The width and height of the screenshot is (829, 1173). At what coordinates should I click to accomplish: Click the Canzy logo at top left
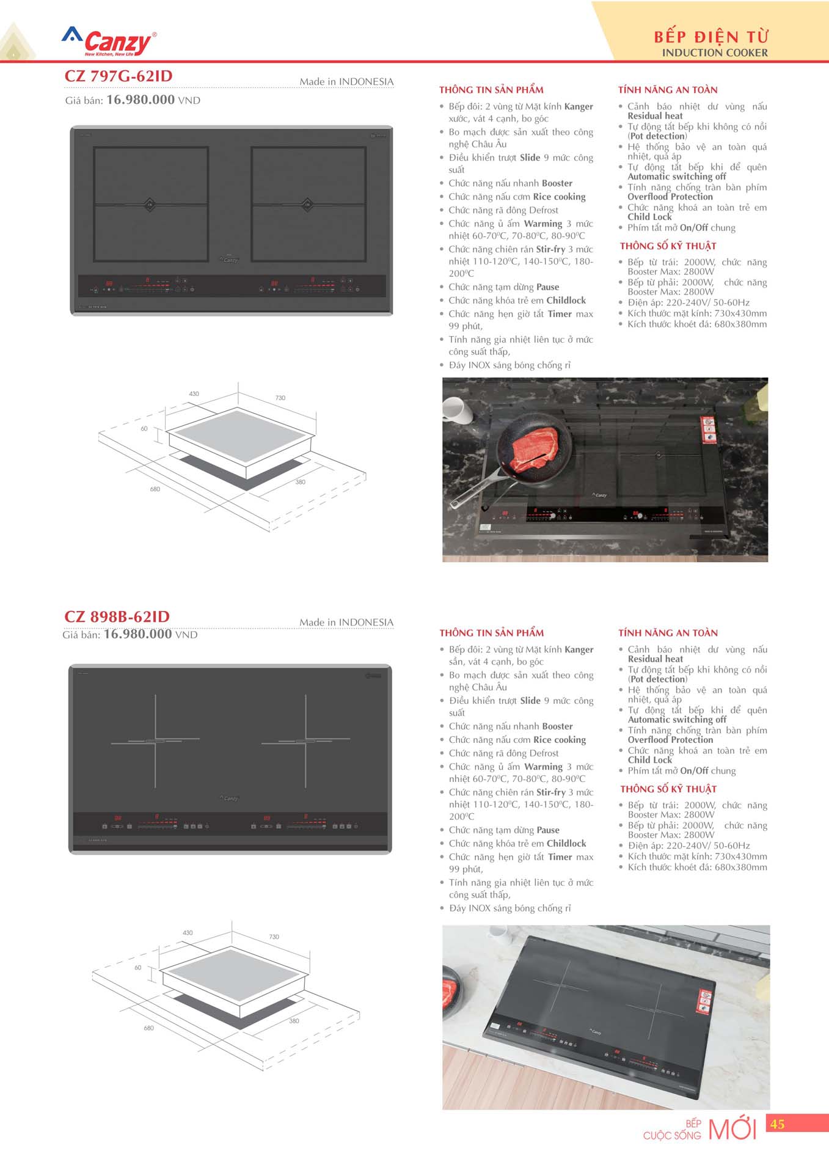click(x=109, y=42)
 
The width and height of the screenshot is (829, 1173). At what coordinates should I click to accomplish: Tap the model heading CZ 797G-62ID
click(x=119, y=76)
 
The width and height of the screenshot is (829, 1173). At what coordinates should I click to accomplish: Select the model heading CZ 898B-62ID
click(x=117, y=617)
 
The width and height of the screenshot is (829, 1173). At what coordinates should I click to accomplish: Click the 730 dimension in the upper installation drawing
click(x=280, y=398)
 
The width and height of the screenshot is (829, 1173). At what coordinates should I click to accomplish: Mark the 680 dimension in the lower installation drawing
click(x=148, y=1028)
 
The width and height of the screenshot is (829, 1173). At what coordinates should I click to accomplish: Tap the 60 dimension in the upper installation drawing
click(x=144, y=429)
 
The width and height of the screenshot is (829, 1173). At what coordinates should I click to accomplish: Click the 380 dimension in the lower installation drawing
click(x=294, y=1021)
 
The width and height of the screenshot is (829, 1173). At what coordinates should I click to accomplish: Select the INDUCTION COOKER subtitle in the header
click(x=715, y=53)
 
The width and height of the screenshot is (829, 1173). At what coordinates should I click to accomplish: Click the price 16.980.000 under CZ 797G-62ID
click(x=141, y=100)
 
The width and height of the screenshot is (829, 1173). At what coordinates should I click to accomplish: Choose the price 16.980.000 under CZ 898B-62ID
click(x=138, y=635)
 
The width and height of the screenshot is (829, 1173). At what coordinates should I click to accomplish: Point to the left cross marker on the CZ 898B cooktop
click(x=155, y=741)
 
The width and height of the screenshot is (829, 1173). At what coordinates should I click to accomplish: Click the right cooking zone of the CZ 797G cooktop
click(x=308, y=204)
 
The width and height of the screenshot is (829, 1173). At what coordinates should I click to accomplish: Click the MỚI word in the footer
click(x=732, y=1129)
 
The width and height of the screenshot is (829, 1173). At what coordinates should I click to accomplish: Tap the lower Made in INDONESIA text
click(x=346, y=623)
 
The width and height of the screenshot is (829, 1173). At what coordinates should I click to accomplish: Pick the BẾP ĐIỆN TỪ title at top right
click(x=711, y=37)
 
